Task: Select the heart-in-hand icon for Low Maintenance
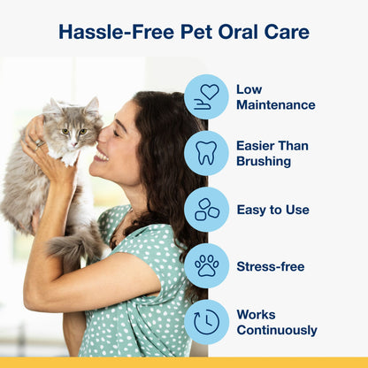coord(206,96)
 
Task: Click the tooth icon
coord(206,152)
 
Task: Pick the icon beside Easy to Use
coord(206,210)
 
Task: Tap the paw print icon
coord(206,265)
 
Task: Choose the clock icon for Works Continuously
coord(206,322)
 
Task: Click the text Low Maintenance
coord(275,97)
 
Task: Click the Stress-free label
coord(270,266)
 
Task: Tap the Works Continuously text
coord(276,322)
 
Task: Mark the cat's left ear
coord(92,105)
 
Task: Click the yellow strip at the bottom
coord(184,363)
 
